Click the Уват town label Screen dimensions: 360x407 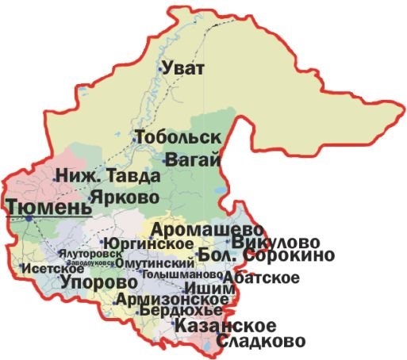185,69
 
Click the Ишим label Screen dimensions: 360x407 209,289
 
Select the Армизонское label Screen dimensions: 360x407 167,299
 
